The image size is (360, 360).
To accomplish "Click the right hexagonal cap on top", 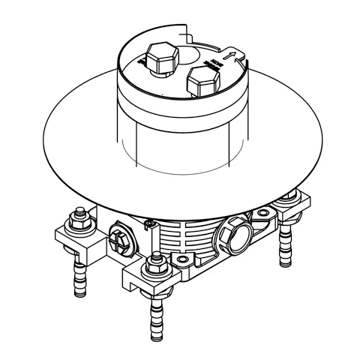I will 204,76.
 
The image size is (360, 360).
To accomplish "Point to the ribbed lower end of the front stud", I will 157,316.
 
